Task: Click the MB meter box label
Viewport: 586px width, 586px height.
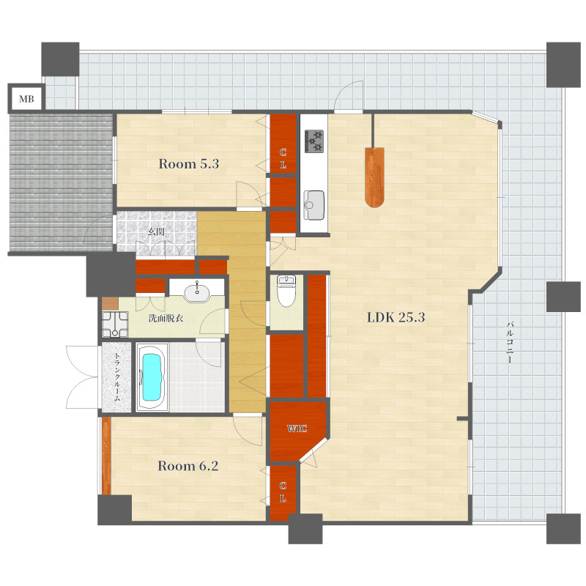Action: click(x=26, y=99)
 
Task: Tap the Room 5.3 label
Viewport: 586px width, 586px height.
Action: click(x=189, y=163)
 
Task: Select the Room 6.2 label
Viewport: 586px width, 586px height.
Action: click(x=188, y=466)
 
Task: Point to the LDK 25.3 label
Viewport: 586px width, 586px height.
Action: click(x=396, y=317)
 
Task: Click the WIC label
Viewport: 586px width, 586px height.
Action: click(x=297, y=429)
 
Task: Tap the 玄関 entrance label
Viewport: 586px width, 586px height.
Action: click(x=155, y=231)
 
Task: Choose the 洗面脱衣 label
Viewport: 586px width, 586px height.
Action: click(x=166, y=319)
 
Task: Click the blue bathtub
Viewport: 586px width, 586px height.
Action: click(x=152, y=377)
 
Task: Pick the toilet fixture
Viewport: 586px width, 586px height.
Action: click(x=286, y=291)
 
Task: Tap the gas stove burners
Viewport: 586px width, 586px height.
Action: click(x=314, y=141)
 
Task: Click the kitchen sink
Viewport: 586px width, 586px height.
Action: click(x=314, y=205)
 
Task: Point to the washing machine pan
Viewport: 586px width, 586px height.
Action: click(x=115, y=324)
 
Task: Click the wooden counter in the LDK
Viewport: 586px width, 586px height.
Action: click(x=374, y=177)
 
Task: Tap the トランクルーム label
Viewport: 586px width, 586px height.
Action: click(x=116, y=377)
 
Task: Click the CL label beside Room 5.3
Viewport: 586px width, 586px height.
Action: click(x=283, y=158)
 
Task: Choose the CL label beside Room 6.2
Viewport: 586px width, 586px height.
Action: click(x=283, y=492)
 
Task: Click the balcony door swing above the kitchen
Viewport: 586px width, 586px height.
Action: click(x=349, y=96)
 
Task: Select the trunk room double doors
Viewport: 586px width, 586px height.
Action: click(x=82, y=377)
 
